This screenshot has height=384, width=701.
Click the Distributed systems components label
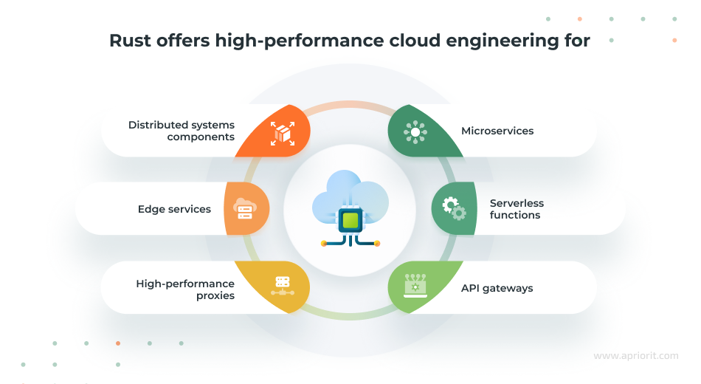(182, 131)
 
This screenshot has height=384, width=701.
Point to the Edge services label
(174, 209)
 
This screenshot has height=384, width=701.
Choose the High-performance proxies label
(185, 289)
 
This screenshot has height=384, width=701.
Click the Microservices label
(497, 131)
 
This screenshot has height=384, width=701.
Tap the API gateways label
(497, 288)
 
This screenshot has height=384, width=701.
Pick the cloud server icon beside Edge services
(245, 209)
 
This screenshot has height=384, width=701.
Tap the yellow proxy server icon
(281, 285)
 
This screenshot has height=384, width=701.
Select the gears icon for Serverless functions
(454, 209)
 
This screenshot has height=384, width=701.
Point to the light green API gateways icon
(415, 285)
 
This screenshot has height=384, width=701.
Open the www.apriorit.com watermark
(635, 356)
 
